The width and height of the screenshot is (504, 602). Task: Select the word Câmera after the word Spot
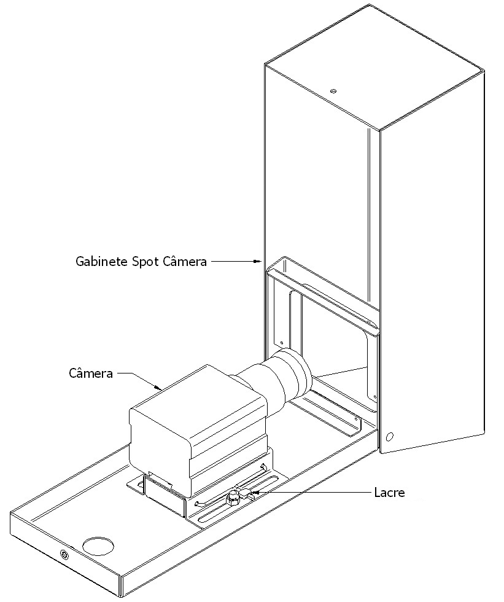coord(185,261)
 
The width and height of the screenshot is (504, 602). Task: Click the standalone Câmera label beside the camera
coord(91,373)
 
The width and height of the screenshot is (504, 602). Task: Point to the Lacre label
coord(389,492)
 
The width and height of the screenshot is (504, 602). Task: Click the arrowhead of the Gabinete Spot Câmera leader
coord(258,262)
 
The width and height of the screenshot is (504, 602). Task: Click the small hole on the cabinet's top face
coord(333,91)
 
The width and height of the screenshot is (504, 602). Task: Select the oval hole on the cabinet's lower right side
coord(390,437)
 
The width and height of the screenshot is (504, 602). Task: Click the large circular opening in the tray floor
coord(99,545)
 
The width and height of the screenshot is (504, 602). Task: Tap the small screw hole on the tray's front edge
coord(63,554)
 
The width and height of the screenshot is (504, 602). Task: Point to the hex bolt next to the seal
coord(233,499)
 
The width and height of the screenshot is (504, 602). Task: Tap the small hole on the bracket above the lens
coord(282,343)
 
